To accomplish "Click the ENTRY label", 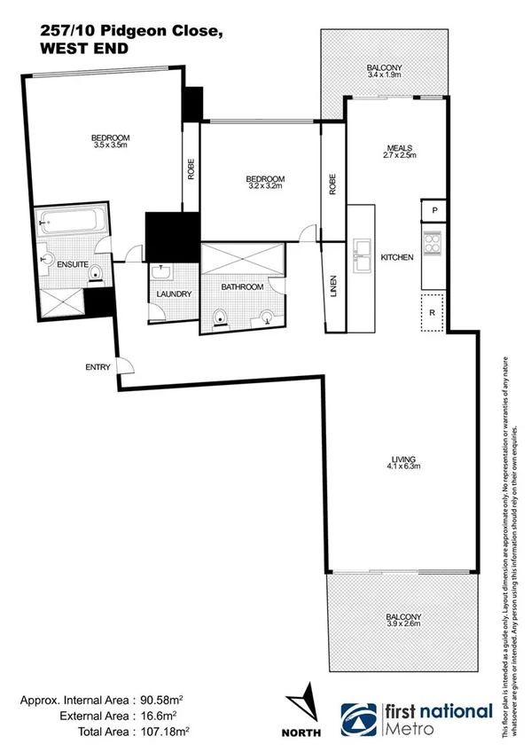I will coord(97,367).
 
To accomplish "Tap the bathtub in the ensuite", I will coord(71,223).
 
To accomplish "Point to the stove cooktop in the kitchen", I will coord(433,244).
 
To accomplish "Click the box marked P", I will coord(433,210).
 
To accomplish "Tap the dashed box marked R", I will coord(432,313).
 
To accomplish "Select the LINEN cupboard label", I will coord(333,290).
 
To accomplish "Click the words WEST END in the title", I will coord(83,49).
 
